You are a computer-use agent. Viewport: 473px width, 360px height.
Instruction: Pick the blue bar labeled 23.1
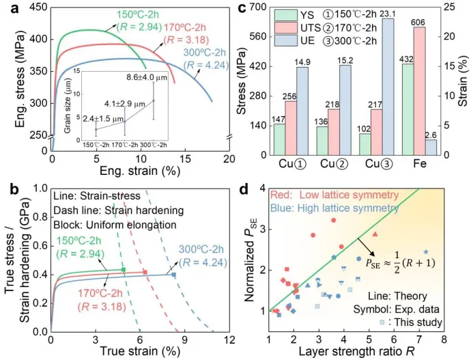coord(407,87)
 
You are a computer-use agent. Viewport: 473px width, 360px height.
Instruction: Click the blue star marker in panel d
coord(426,252)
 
